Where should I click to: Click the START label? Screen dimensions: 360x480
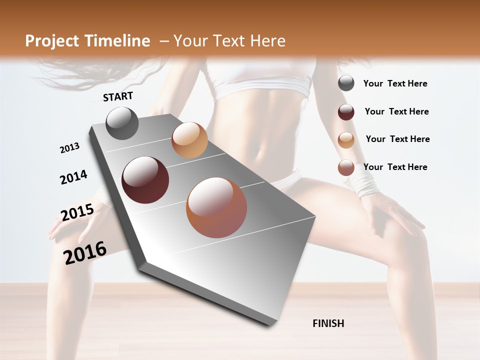[x=118, y=96]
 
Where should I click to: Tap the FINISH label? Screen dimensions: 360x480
[x=328, y=323]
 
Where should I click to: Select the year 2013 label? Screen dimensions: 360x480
[x=69, y=148]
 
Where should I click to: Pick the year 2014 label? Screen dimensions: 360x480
[x=73, y=177]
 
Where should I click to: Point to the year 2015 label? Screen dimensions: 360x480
[x=77, y=212]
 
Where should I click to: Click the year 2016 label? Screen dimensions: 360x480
[x=85, y=252]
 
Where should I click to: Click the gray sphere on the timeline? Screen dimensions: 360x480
[x=122, y=123]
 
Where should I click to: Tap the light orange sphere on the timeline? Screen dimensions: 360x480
[x=189, y=140]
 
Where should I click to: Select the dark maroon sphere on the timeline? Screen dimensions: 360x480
[x=145, y=180]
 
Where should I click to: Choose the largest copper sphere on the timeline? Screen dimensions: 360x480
[x=216, y=207]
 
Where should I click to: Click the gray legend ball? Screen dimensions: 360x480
[x=346, y=83]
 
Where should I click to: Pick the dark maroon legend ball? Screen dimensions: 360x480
[x=346, y=112]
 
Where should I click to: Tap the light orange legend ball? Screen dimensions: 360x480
[x=346, y=140]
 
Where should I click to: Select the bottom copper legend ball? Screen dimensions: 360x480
[x=346, y=168]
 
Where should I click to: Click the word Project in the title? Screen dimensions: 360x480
[x=52, y=41]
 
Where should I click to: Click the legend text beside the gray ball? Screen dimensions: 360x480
[x=395, y=83]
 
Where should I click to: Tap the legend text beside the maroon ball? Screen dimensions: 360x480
[x=396, y=111]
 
